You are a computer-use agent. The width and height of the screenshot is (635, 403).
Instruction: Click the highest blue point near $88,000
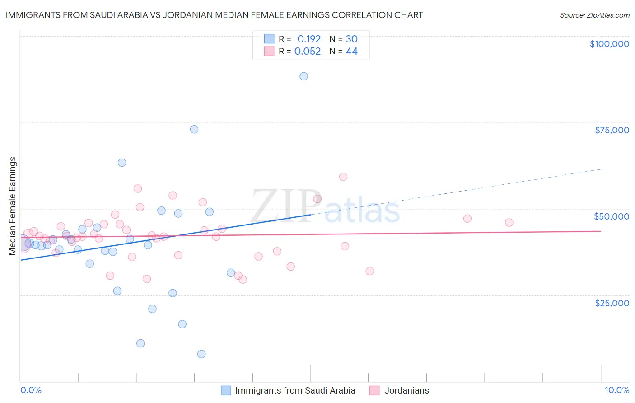pos(303,76)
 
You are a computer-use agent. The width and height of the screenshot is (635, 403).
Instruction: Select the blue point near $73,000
pos(194,129)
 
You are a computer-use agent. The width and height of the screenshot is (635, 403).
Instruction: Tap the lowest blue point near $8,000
pos(201,354)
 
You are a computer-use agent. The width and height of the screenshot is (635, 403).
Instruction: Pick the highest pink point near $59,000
pos(343,177)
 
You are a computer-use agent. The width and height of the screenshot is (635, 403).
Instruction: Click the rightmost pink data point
pos(509,222)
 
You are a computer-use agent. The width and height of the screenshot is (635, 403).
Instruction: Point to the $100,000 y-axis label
pos(609,44)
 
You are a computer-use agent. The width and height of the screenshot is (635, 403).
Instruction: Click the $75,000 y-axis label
pos(612,130)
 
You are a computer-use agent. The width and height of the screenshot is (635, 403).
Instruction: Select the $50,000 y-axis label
pos(612,216)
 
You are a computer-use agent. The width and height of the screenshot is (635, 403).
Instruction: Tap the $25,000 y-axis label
pos(612,303)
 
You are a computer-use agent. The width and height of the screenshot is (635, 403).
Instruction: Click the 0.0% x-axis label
pos(31,390)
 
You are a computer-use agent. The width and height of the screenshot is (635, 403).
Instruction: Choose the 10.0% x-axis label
pos(616,390)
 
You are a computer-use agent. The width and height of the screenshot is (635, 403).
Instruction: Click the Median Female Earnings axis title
pos(13,206)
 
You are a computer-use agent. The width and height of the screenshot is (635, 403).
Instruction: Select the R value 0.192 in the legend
pos(309,39)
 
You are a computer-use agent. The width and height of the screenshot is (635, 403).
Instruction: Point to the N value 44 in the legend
pos(352,52)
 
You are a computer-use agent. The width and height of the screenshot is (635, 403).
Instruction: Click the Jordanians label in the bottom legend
pos(406,390)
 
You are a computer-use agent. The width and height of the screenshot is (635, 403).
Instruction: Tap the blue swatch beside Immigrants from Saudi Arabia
pos(226,390)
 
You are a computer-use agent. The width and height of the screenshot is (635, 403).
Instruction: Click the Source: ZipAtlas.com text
pos(594,15)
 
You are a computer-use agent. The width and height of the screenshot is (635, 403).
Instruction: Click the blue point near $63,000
pos(122,163)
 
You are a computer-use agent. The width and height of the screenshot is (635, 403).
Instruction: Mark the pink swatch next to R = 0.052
pos(269,52)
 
